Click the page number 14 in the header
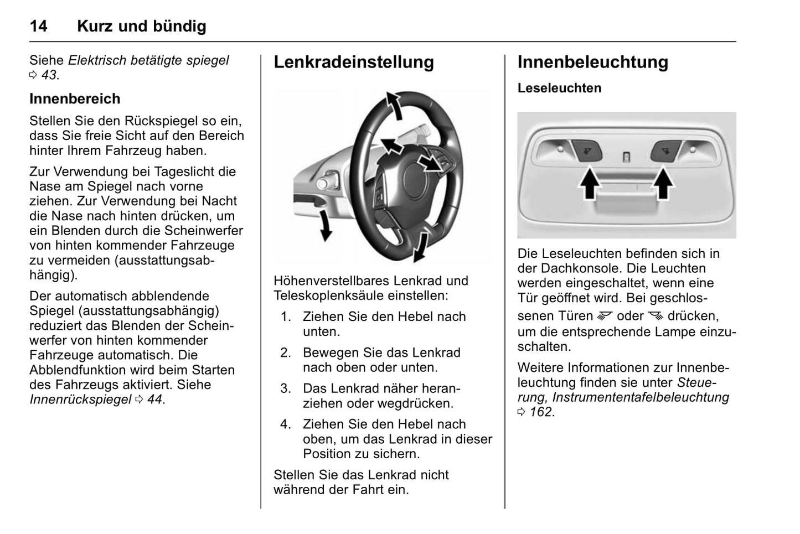(x=38, y=26)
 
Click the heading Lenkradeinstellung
(x=353, y=62)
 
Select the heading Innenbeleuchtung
(x=592, y=62)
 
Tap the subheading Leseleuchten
(x=559, y=88)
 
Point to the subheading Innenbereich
(x=75, y=98)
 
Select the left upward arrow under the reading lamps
(x=590, y=184)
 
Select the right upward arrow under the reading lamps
(x=663, y=184)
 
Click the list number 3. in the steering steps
(x=285, y=388)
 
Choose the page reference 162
(x=541, y=412)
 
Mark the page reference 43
(x=49, y=75)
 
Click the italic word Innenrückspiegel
(x=80, y=399)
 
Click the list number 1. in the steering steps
(x=285, y=317)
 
